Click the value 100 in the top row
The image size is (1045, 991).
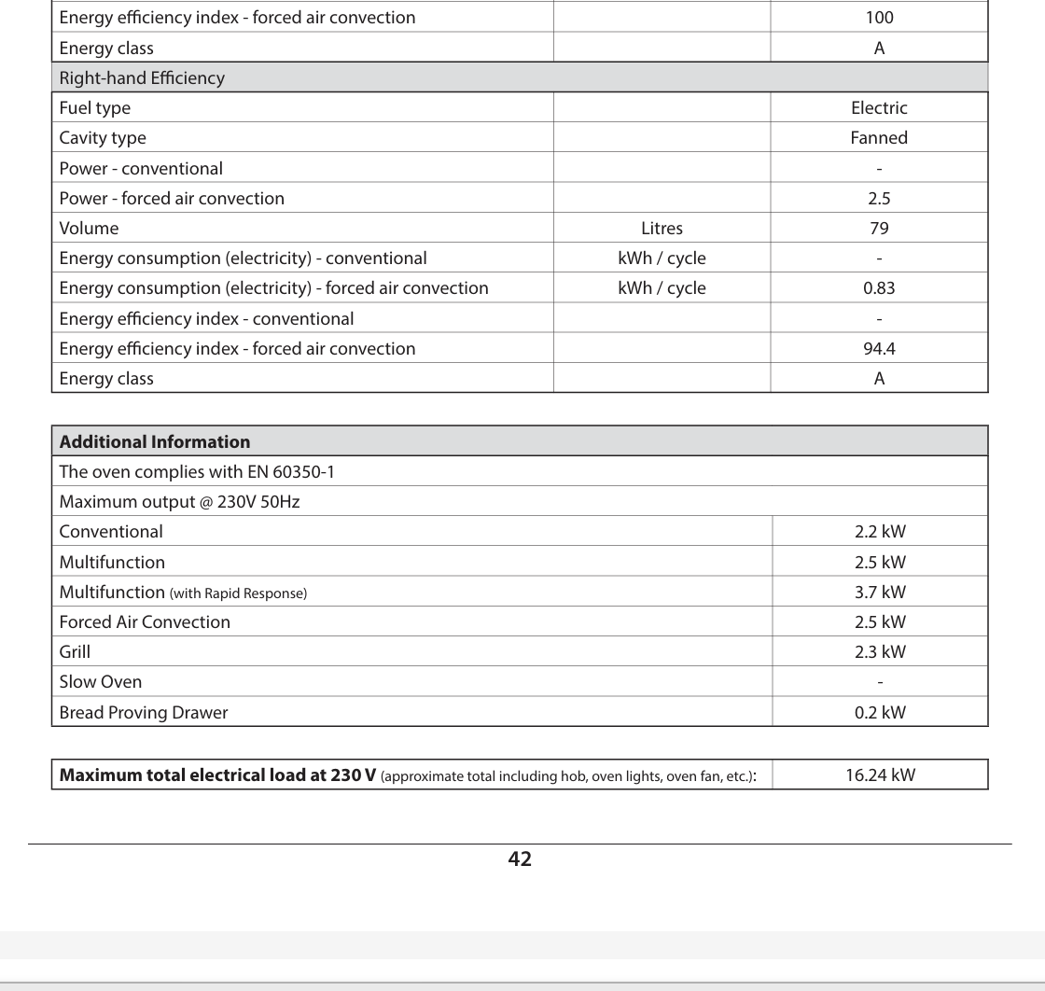[x=879, y=17]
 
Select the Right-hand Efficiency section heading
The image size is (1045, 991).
[x=142, y=77]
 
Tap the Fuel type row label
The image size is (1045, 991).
[x=95, y=107]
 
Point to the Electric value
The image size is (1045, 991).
[x=879, y=107]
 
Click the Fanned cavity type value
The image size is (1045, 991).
[x=879, y=137]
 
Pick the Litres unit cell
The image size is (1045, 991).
[x=662, y=228]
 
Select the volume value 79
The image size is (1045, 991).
[x=879, y=228]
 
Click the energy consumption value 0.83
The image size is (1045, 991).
[x=879, y=287]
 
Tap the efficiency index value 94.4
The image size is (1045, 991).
[x=879, y=348]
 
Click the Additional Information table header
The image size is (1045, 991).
[x=155, y=441]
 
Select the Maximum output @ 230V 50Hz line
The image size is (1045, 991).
[x=179, y=502]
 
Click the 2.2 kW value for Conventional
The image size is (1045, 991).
[x=880, y=532]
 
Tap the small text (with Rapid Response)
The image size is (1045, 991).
[x=238, y=593]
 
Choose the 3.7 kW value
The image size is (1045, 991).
[x=880, y=592]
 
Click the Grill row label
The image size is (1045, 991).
[x=75, y=651]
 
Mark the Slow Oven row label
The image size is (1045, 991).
[x=101, y=681]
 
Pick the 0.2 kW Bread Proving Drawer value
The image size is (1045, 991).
[x=880, y=712]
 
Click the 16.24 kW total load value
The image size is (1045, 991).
[x=880, y=775]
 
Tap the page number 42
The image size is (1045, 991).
[x=520, y=858]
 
